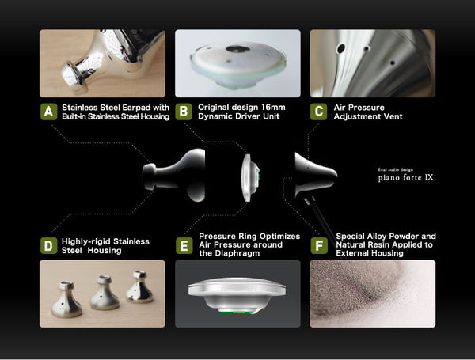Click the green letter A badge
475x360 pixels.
(49, 112)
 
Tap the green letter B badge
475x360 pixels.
(184, 112)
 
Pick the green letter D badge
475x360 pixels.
(49, 245)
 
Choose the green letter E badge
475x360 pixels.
(184, 245)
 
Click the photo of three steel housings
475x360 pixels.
(102, 294)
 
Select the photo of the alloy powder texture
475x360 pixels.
(372, 294)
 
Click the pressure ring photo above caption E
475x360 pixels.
(237, 294)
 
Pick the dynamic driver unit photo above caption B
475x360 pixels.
(237, 63)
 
